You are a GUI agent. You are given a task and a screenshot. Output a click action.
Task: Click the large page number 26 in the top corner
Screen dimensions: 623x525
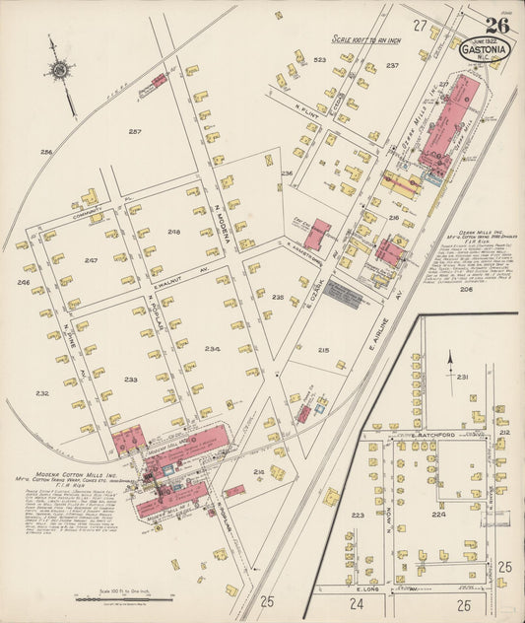click(496, 26)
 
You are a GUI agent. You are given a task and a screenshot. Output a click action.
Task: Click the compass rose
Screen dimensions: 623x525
click(60, 72)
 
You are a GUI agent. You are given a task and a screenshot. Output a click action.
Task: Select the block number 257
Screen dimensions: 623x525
click(135, 131)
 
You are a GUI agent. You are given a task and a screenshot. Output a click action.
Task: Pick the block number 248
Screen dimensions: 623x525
click(174, 233)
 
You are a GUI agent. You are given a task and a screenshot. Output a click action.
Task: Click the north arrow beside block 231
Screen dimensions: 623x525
click(450, 373)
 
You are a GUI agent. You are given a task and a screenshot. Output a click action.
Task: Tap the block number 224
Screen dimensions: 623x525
click(438, 514)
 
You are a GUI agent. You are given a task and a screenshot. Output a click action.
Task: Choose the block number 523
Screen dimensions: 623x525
click(319, 60)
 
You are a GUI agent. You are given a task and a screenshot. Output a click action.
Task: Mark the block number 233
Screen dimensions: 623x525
click(130, 379)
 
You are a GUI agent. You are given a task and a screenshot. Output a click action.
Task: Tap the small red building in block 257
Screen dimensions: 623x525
click(159, 80)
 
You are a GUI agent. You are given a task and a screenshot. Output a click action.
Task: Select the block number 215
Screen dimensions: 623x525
click(324, 349)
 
